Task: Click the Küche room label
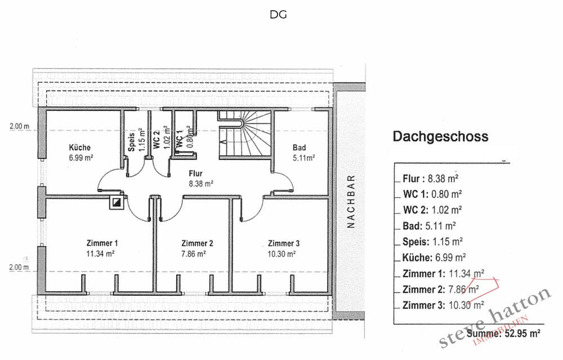pos(79,148)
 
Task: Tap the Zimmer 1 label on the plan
pos(102,243)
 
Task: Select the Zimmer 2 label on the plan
pos(197,243)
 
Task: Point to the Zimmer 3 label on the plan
pos(283,243)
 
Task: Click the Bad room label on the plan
pos(299,148)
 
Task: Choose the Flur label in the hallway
pos(196,174)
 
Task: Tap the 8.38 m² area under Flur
pos(200,183)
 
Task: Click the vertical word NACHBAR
pos(351,201)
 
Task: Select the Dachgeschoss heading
pos(440,136)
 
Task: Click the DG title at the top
pos(278,15)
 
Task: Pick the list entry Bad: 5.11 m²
pos(430,226)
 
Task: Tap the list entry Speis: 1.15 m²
pos(432,242)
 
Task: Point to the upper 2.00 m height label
pos(19,127)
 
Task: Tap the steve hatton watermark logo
pos(495,321)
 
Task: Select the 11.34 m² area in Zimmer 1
pos(102,254)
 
